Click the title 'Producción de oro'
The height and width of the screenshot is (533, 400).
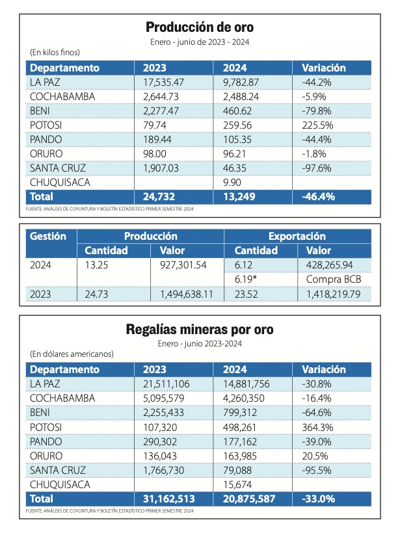[x=200, y=27]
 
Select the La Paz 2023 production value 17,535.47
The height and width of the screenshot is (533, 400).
[x=163, y=83]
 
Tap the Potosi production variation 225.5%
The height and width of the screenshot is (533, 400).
[x=317, y=125]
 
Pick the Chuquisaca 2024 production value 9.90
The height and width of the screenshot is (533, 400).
[x=232, y=183]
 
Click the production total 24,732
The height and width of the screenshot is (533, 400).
[x=159, y=196]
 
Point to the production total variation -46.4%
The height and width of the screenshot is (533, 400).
[x=318, y=196]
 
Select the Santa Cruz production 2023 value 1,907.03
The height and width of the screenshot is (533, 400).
[x=161, y=168]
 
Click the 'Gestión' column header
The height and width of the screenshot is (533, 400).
[x=48, y=236]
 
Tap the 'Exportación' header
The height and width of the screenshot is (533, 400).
[x=297, y=236]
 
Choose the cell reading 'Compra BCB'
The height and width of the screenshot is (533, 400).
[x=334, y=279]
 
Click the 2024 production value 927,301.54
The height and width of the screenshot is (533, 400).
[x=183, y=265]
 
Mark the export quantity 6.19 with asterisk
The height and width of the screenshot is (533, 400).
[x=246, y=279]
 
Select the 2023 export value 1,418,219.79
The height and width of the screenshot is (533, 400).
[x=333, y=294]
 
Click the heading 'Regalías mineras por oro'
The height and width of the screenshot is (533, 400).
[x=200, y=330]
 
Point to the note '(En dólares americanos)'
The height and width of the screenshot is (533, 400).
[x=72, y=354]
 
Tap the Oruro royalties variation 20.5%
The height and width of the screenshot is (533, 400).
[x=315, y=456]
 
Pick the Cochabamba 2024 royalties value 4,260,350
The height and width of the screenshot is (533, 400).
[x=243, y=398]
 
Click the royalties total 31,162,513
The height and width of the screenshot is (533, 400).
[x=168, y=499]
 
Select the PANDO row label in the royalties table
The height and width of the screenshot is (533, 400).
[x=46, y=442]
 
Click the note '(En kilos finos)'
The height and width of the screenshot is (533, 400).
[x=55, y=53]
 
